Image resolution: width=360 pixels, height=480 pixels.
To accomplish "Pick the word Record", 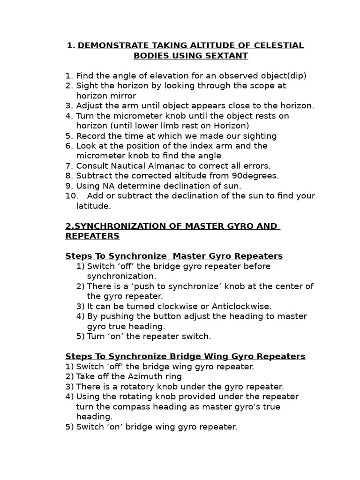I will pyautogui.click(x=90, y=136).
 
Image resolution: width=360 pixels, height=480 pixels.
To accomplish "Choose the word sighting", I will pyautogui.click(x=257, y=136).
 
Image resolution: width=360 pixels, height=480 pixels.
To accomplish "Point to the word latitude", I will pyautogui.click(x=93, y=206).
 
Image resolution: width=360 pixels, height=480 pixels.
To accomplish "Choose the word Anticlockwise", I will pyautogui.click(x=241, y=307).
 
